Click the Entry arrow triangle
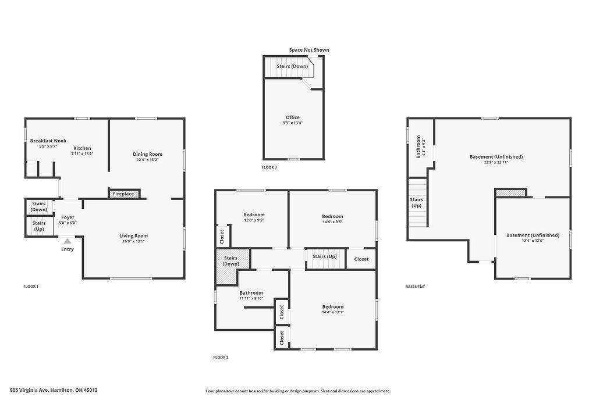coord(68,241)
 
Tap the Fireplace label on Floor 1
coord(123,194)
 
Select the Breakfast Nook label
coord(48,141)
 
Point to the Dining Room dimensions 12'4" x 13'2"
coord(147,160)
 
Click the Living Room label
coord(133,235)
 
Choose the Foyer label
coord(68,217)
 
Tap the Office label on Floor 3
coord(293,117)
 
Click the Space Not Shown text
coord(309,50)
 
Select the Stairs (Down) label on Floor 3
coord(292,66)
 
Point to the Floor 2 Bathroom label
coord(251,292)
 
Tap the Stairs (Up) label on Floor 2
coord(325,256)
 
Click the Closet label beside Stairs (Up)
coord(361,259)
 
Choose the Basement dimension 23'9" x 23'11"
coord(496,162)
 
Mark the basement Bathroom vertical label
coord(418,146)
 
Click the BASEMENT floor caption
coord(415,287)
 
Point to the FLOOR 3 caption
coord(269,167)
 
